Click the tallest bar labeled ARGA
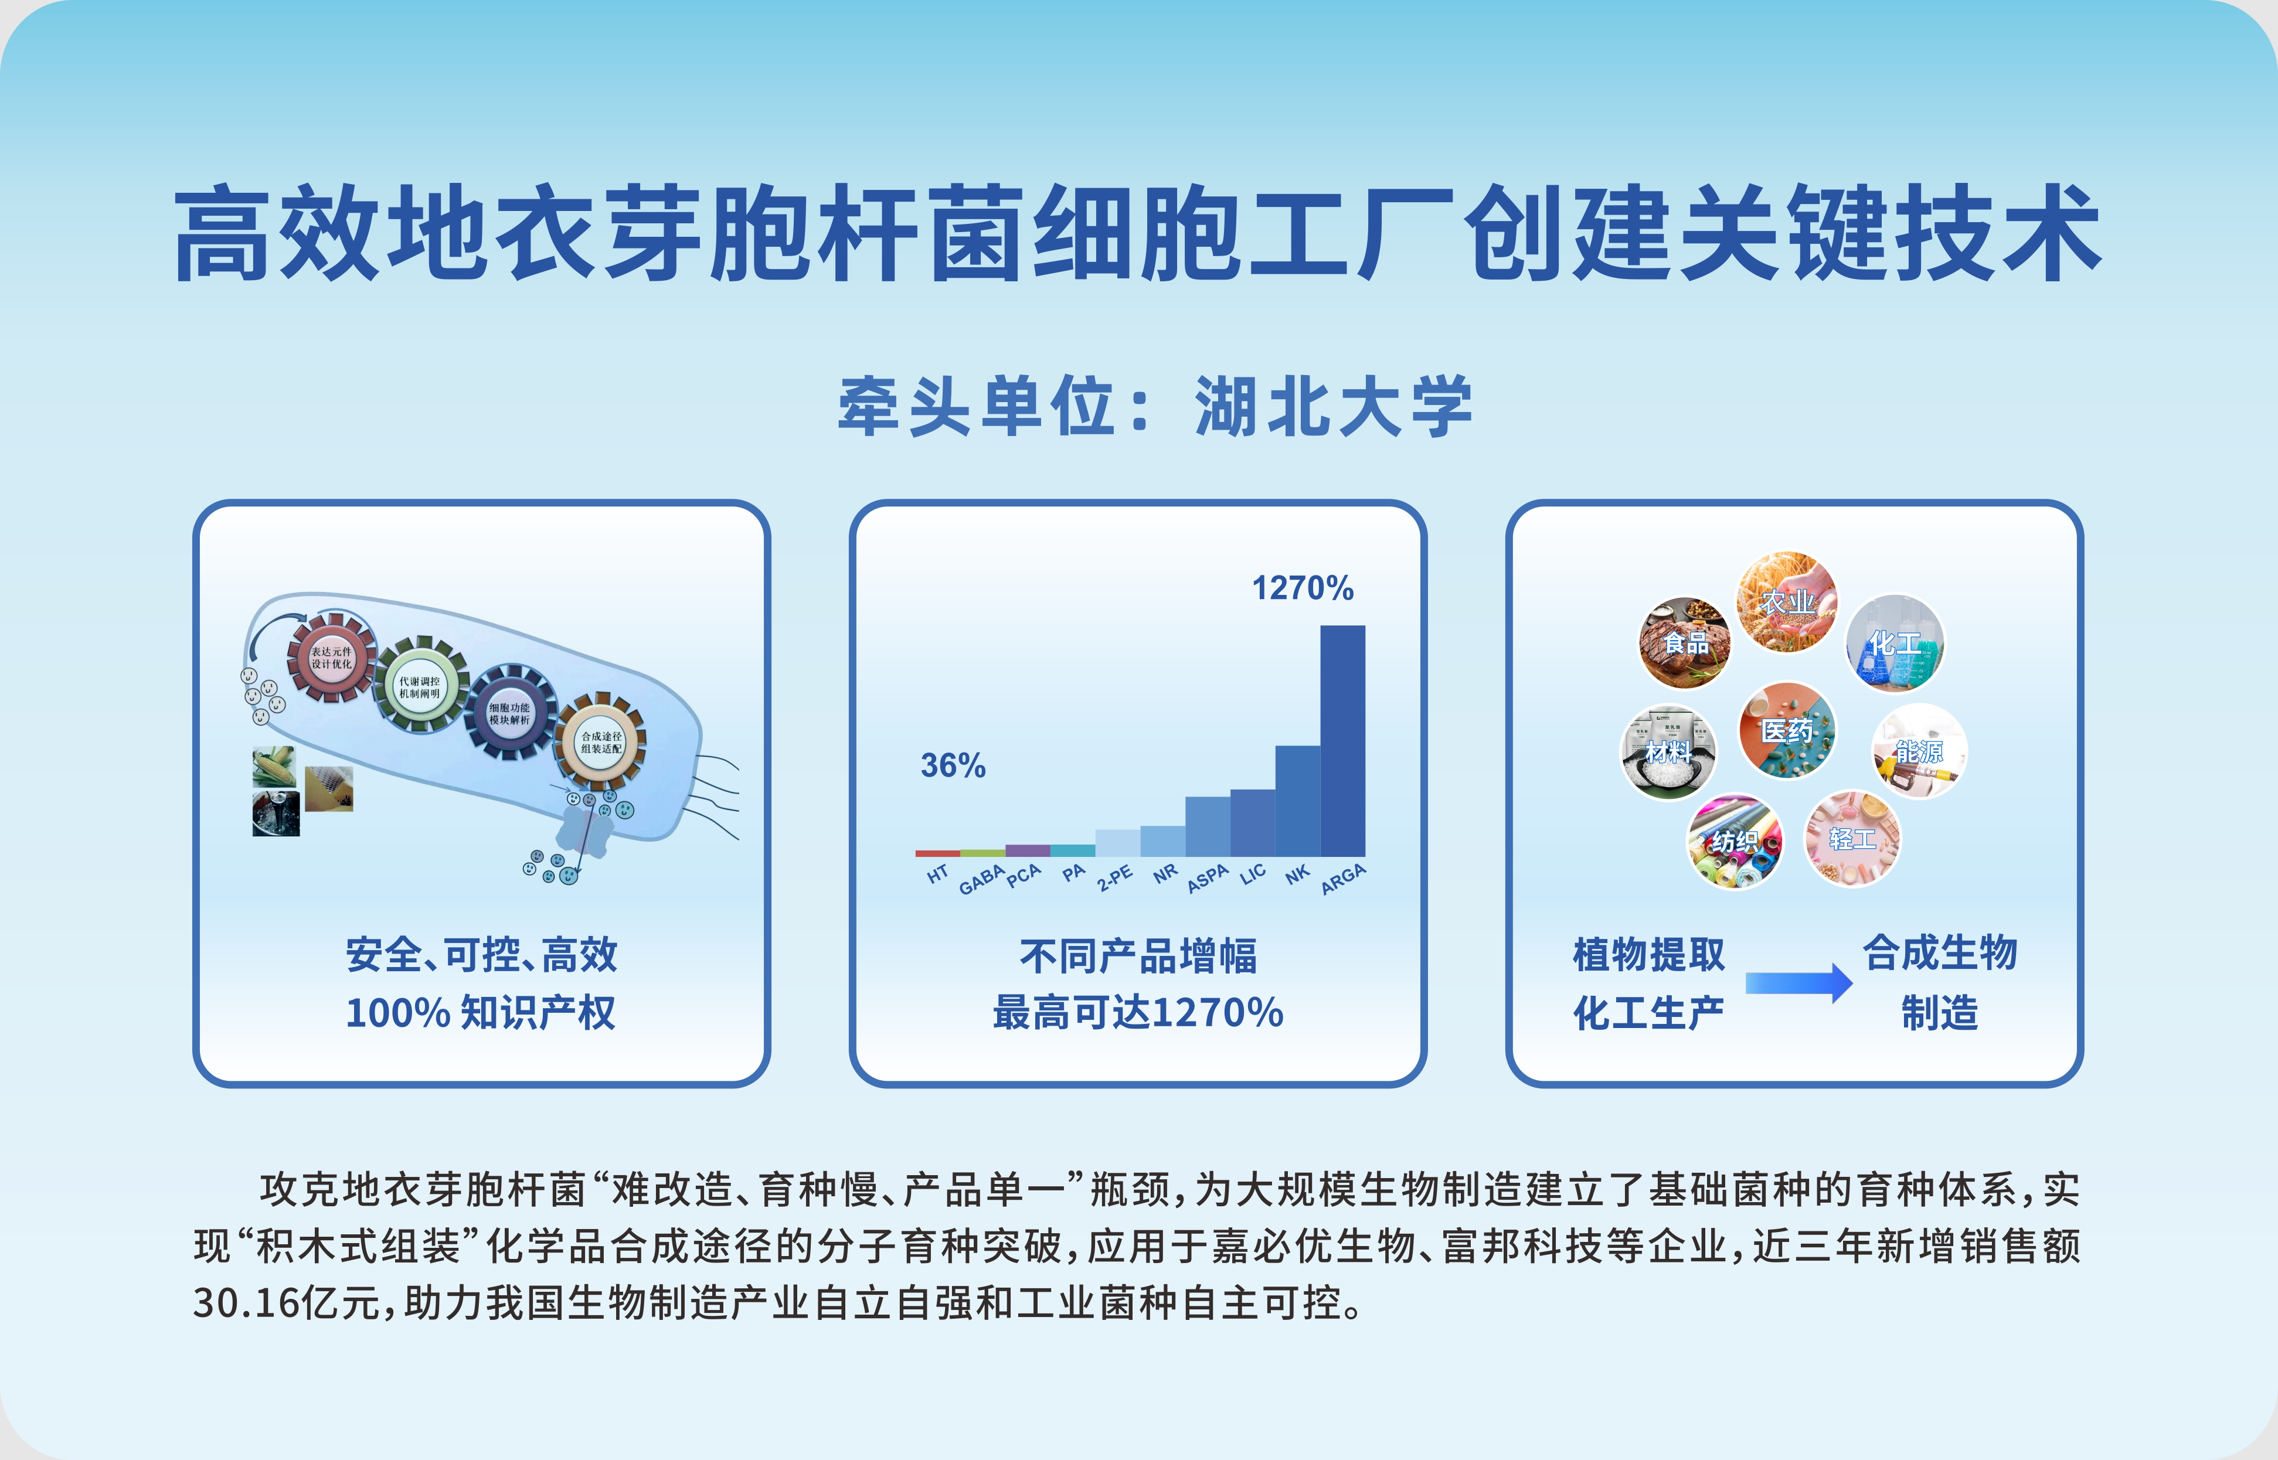(1342, 740)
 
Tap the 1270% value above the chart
(1303, 588)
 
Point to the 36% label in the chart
(953, 765)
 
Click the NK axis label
(1297, 874)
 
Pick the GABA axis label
(981, 879)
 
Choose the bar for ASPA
(1208, 826)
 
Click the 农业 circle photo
(1787, 602)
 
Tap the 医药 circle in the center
(1787, 730)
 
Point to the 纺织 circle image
(1735, 841)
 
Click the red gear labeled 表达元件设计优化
(331, 657)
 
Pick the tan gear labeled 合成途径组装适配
(601, 741)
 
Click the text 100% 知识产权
(481, 1013)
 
